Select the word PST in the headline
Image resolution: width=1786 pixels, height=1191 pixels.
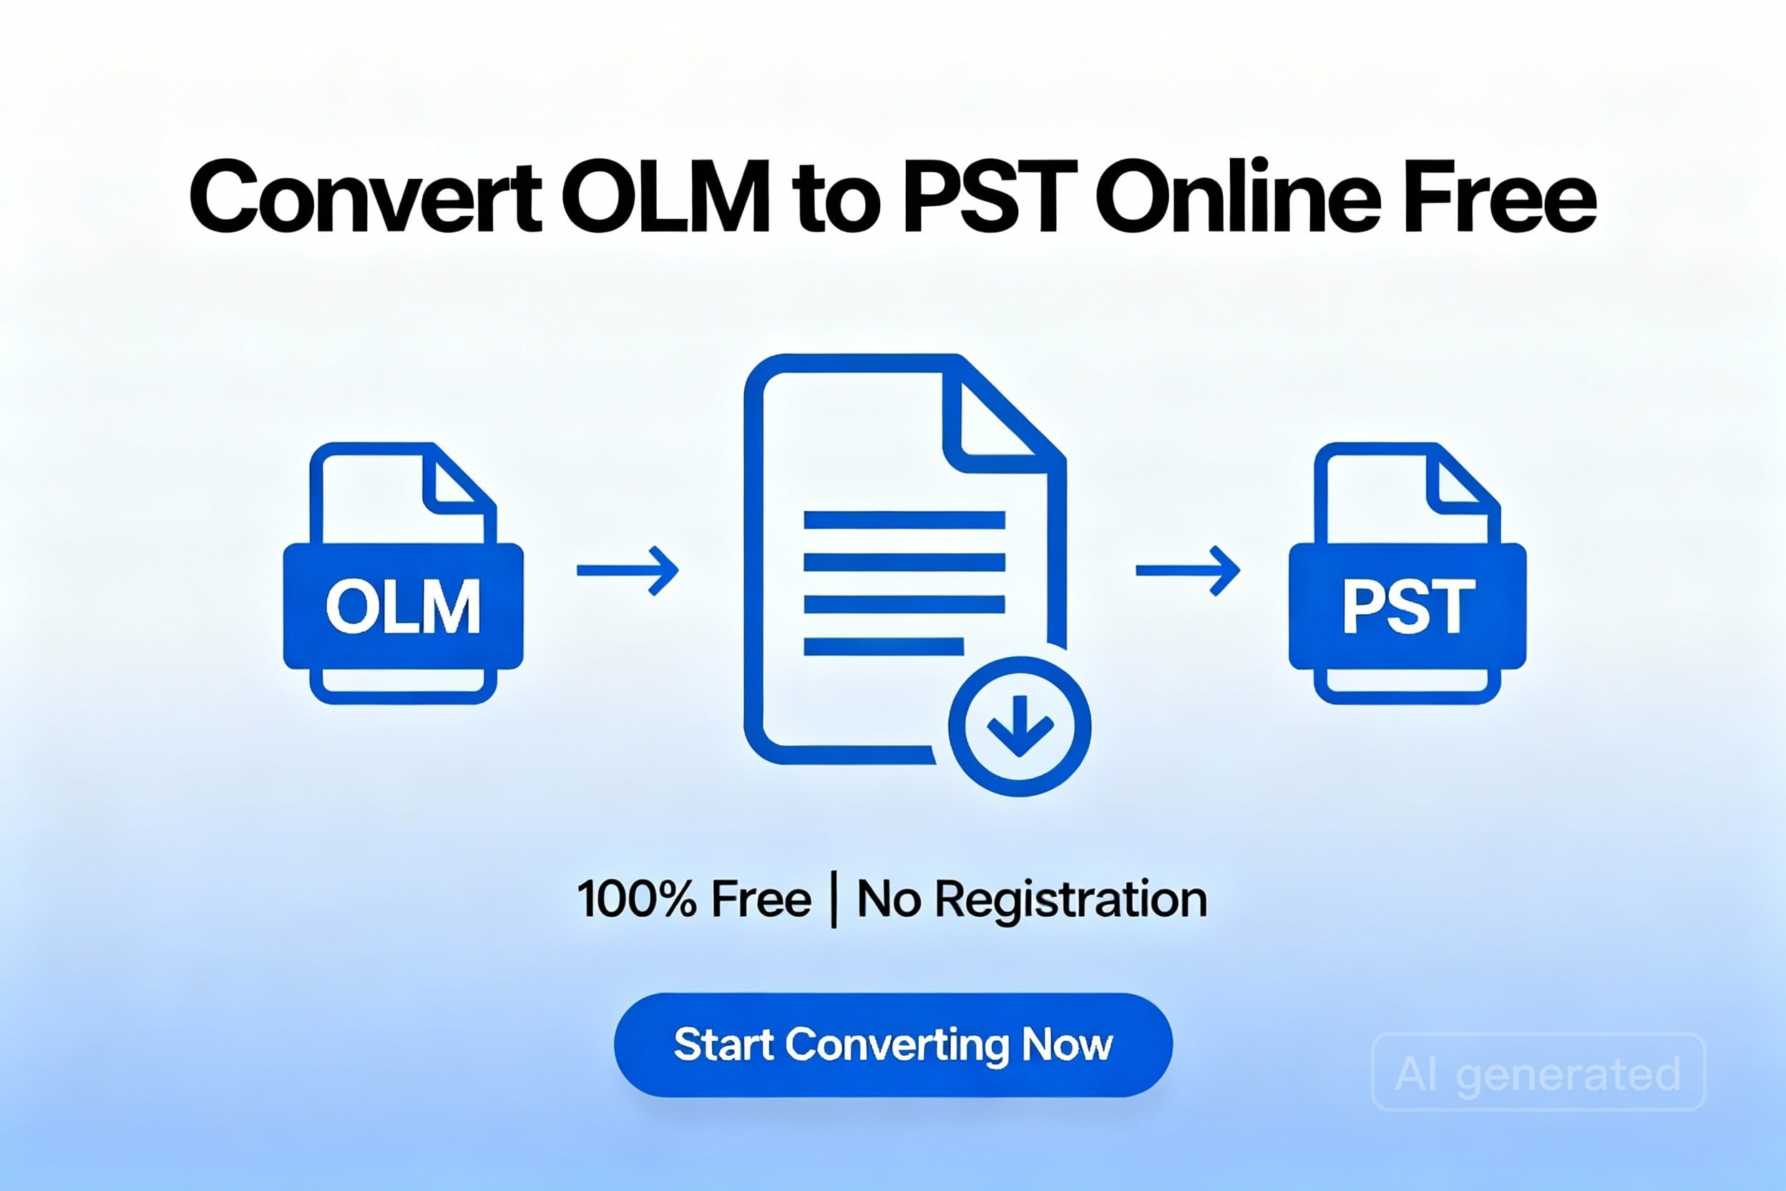click(990, 196)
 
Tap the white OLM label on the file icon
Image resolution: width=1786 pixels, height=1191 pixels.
click(404, 606)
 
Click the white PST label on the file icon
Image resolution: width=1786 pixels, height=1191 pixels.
click(1409, 606)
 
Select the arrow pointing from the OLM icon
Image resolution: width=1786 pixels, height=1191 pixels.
click(628, 570)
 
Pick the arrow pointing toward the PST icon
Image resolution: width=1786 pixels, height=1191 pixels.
click(1188, 570)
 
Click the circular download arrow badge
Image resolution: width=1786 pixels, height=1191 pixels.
click(1020, 727)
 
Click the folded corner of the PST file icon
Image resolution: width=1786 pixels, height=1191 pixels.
click(1460, 480)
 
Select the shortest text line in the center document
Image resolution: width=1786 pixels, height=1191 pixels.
click(884, 646)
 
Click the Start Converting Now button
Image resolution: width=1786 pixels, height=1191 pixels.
click(893, 1045)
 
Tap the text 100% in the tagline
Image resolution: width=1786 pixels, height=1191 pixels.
click(637, 899)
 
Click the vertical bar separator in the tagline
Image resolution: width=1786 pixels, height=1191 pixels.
click(834, 901)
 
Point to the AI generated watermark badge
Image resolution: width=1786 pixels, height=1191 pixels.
click(1539, 1072)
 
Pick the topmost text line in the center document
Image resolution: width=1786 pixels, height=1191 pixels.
click(904, 520)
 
